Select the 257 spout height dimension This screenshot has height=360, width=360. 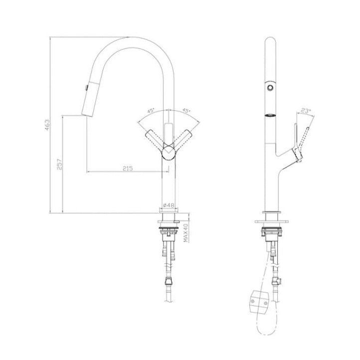click(x=59, y=164)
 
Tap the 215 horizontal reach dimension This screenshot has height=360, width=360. click(x=127, y=169)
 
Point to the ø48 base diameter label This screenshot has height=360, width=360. click(x=170, y=205)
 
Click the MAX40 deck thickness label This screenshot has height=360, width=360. click(x=185, y=232)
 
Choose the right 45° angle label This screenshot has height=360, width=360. click(x=187, y=111)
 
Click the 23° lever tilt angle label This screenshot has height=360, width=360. click(x=306, y=112)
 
